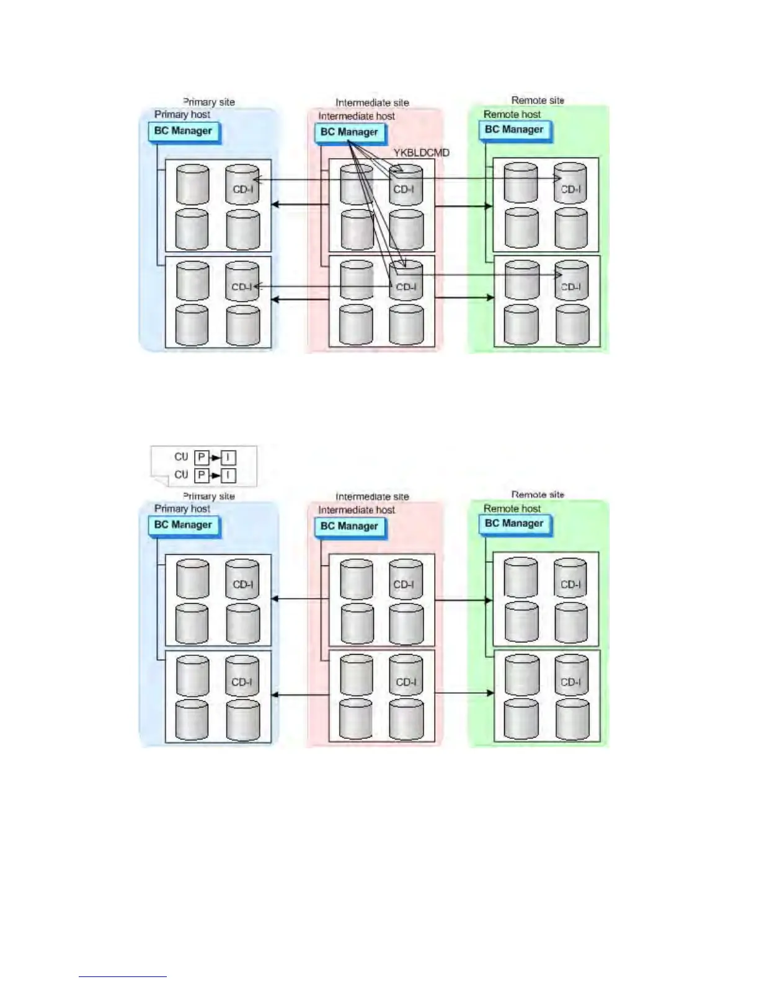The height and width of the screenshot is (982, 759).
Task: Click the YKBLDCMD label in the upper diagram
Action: (x=421, y=153)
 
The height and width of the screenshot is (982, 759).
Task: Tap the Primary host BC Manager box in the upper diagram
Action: (x=184, y=131)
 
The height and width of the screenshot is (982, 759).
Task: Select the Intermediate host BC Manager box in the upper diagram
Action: (x=349, y=132)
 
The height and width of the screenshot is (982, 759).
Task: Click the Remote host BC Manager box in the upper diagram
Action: (x=514, y=130)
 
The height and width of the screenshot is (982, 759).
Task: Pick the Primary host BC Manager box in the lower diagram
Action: (x=184, y=525)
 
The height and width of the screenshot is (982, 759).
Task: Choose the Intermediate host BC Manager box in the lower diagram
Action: (x=349, y=526)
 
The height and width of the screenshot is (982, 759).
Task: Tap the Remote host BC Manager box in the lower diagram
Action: (x=514, y=524)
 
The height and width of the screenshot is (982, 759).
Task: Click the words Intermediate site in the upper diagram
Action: (x=372, y=102)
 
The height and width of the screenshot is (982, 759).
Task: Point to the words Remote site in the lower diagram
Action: (x=538, y=495)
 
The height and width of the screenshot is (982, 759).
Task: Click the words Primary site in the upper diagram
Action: (x=209, y=102)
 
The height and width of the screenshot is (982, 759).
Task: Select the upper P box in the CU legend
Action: (x=202, y=458)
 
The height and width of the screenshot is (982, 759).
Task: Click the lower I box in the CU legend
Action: (x=228, y=476)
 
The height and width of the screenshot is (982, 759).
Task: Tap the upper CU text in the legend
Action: (x=181, y=457)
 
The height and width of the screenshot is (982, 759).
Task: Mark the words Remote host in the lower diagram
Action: (x=512, y=508)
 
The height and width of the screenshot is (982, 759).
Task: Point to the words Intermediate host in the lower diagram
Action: (x=357, y=510)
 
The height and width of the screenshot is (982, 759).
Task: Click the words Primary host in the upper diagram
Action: (x=182, y=114)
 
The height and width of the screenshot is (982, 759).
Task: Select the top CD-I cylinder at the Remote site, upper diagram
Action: (x=570, y=184)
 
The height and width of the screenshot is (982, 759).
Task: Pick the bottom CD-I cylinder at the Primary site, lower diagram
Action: (x=242, y=676)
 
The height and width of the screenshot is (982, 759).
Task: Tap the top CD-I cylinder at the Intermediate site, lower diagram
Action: (x=406, y=580)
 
